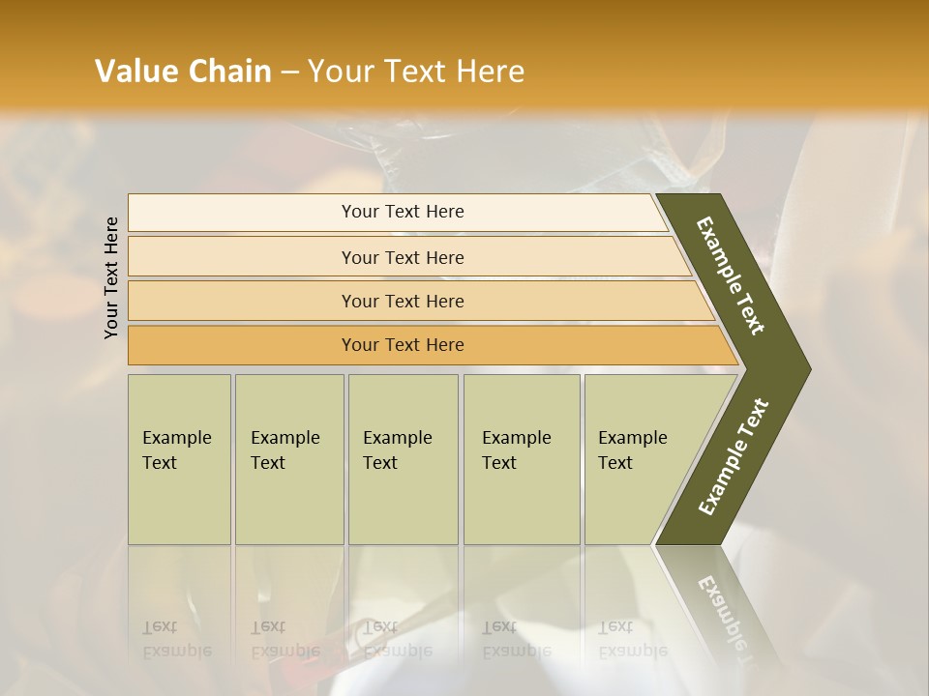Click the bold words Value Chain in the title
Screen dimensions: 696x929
click(x=183, y=72)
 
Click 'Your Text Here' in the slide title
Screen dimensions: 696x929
click(x=416, y=72)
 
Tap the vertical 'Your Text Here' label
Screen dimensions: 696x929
click(x=111, y=277)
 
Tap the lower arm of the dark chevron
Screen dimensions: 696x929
click(x=733, y=459)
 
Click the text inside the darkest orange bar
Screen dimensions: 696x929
click(x=403, y=345)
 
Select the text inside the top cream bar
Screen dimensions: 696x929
click(x=403, y=212)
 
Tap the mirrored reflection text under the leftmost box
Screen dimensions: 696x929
click(x=176, y=639)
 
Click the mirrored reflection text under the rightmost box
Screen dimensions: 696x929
click(x=632, y=639)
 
